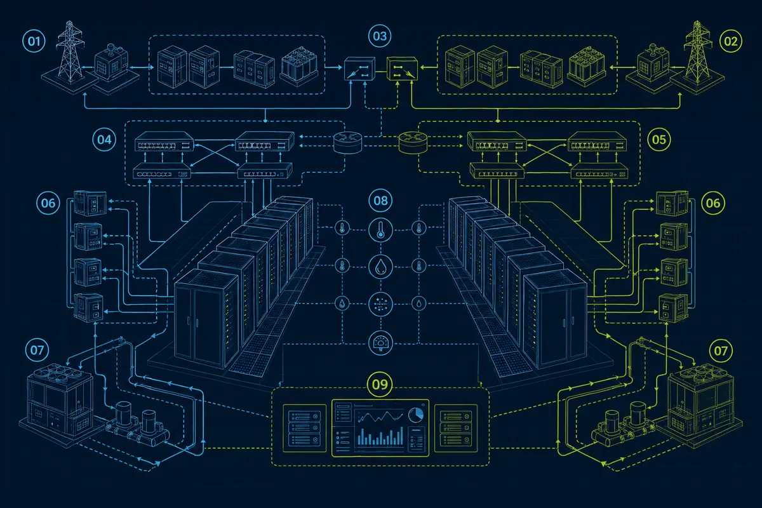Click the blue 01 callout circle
34,41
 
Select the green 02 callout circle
731,41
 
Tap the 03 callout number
380,36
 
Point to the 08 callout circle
380,201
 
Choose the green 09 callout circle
380,384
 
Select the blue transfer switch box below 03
359,69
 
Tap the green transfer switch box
402,69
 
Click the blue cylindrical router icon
347,143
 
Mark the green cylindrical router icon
413,143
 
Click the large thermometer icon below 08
380,230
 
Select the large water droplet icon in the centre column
380,267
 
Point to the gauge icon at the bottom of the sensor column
380,343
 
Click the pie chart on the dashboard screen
416,415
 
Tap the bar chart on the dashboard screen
380,436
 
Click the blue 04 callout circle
104,140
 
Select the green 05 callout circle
659,140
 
